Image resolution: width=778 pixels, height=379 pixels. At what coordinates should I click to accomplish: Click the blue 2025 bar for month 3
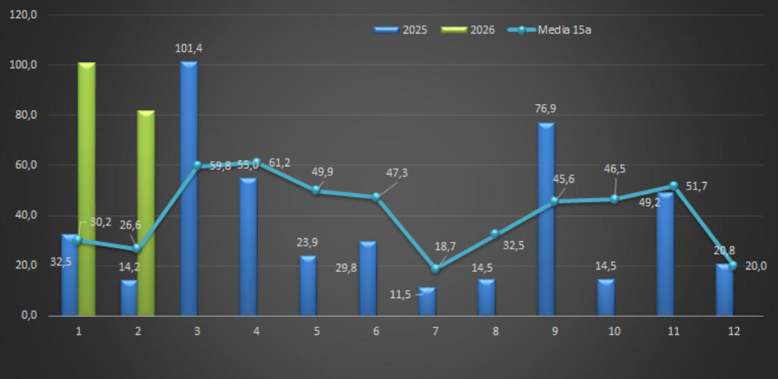189,187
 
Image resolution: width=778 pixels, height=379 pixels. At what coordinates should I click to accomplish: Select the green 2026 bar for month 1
87,187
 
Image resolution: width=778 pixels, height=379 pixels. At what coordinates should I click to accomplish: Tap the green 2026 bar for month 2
146,213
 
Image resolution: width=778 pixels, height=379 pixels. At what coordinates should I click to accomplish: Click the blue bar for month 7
427,301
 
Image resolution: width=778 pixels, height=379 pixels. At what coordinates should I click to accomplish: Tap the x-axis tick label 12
733,331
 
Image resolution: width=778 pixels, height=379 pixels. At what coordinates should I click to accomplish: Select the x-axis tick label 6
376,331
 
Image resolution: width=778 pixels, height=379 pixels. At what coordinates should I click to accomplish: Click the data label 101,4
189,49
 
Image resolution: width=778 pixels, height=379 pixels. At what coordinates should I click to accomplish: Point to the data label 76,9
546,109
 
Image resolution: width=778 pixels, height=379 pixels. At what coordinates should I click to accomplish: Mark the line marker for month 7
435,268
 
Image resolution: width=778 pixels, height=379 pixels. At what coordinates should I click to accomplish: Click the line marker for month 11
673,185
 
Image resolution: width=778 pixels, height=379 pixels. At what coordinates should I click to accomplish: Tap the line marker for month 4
256,162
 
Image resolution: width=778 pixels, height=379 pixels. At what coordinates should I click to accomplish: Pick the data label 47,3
396,173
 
